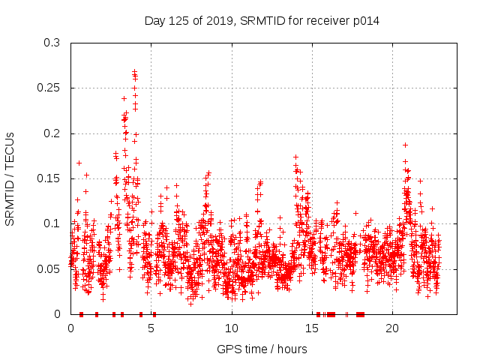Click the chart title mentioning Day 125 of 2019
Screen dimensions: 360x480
[262, 21]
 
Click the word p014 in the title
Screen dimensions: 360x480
[366, 21]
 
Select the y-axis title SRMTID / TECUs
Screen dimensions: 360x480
[10, 178]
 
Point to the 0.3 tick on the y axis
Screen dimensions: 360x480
[52, 43]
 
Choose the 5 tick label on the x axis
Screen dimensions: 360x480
[151, 328]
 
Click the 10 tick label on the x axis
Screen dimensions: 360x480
[232, 328]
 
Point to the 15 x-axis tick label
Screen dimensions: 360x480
[312, 328]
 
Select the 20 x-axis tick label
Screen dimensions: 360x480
[392, 328]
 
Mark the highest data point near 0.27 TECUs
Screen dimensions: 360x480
[134, 71]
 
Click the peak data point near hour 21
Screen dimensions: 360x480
[405, 145]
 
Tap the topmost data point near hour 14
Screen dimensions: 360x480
[295, 157]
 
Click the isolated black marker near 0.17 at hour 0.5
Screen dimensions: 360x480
[79, 163]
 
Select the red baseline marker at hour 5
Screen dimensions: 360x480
[154, 314]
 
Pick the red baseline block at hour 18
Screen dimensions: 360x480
[360, 314]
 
